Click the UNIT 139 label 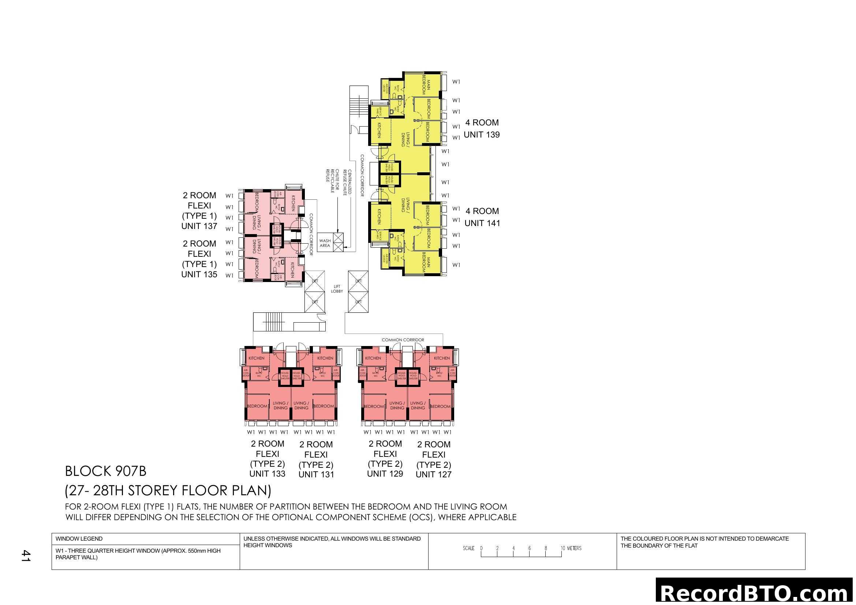tap(481, 135)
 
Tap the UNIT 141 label tap(482, 223)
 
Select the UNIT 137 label tap(199, 226)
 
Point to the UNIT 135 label tap(199, 275)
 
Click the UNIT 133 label tap(267, 474)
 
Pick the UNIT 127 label tap(433, 475)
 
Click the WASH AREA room tap(325, 243)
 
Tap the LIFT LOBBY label tap(337, 289)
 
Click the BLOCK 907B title tap(105, 471)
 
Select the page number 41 tap(25, 556)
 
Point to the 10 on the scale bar tap(562, 548)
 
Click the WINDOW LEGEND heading tap(79, 539)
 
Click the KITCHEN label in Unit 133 tap(257, 358)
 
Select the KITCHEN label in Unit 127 tap(442, 358)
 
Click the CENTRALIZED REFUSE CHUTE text tap(347, 182)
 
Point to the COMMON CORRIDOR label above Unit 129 tap(403, 340)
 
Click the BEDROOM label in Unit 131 tap(324, 406)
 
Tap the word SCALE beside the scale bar tap(468, 548)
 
